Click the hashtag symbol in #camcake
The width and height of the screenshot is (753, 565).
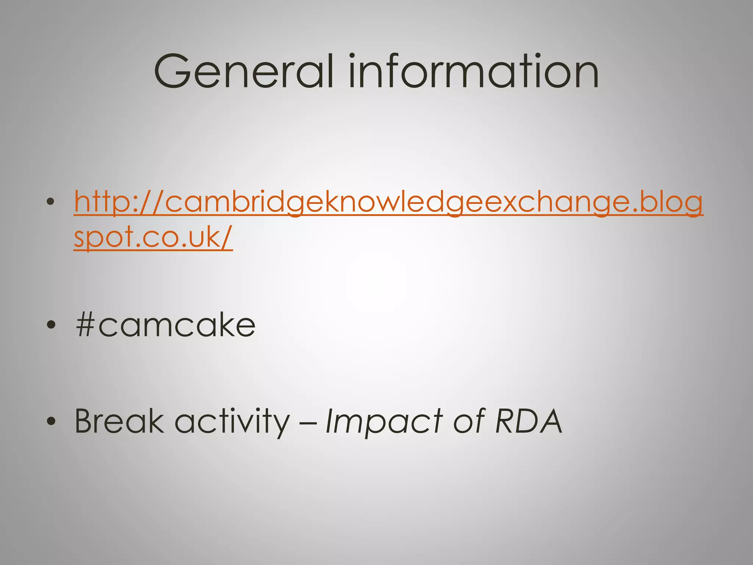[x=85, y=325]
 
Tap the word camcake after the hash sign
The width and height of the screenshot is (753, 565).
[x=176, y=325]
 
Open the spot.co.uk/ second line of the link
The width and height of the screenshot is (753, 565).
[x=153, y=237]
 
